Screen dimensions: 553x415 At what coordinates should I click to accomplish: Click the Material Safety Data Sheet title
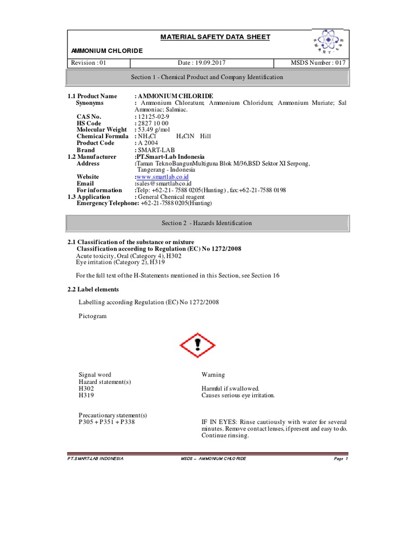[207, 37]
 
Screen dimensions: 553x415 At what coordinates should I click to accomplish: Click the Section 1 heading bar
[207, 77]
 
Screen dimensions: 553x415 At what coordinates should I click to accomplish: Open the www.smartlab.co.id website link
[162, 177]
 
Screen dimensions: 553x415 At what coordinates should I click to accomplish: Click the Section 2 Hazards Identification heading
[207, 223]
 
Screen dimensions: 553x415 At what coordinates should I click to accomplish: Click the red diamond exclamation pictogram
[197, 345]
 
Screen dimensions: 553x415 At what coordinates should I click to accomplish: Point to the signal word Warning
[213, 375]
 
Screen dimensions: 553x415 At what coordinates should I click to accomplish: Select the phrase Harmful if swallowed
[231, 388]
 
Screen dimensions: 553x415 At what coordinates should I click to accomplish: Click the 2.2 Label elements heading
[93, 289]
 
